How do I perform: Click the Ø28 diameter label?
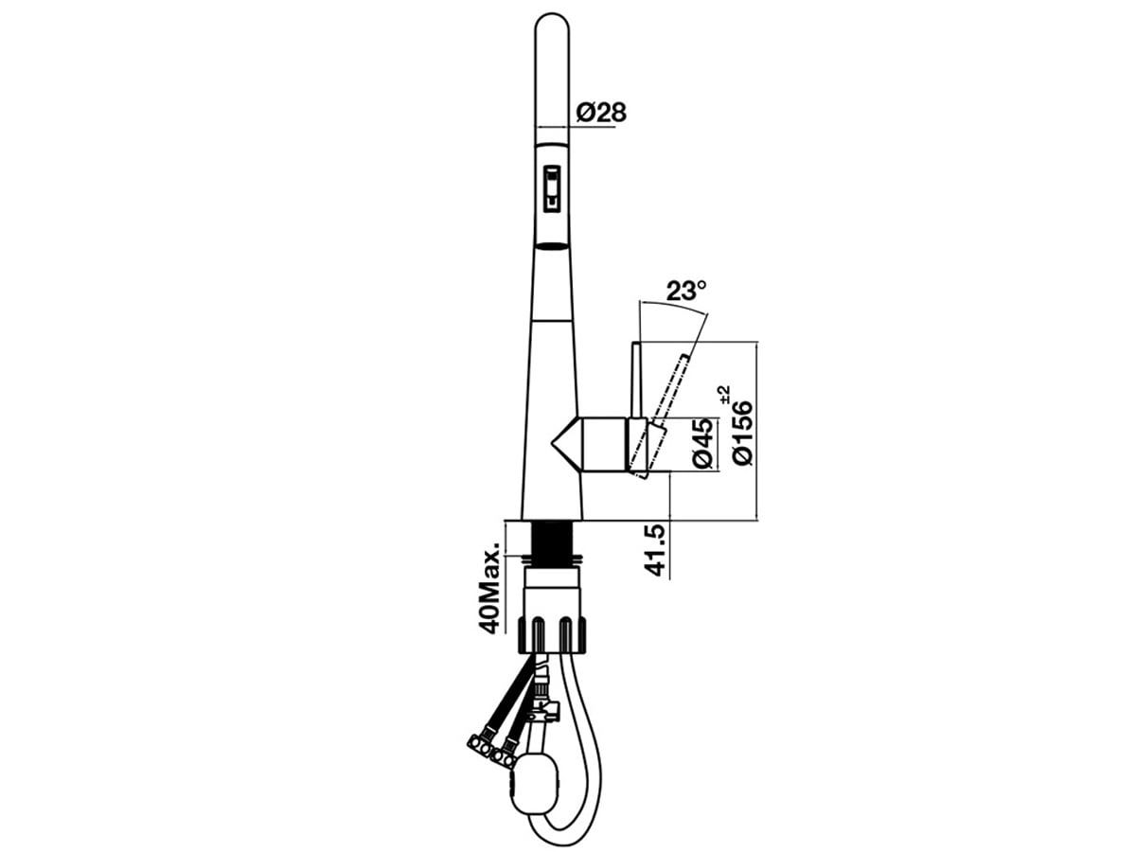pyautogui.click(x=601, y=113)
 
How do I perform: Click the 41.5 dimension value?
pyautogui.click(x=655, y=550)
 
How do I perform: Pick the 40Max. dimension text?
pyautogui.click(x=489, y=588)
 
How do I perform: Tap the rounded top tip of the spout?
pyautogui.click(x=552, y=15)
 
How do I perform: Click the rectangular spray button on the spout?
pyautogui.click(x=552, y=188)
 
